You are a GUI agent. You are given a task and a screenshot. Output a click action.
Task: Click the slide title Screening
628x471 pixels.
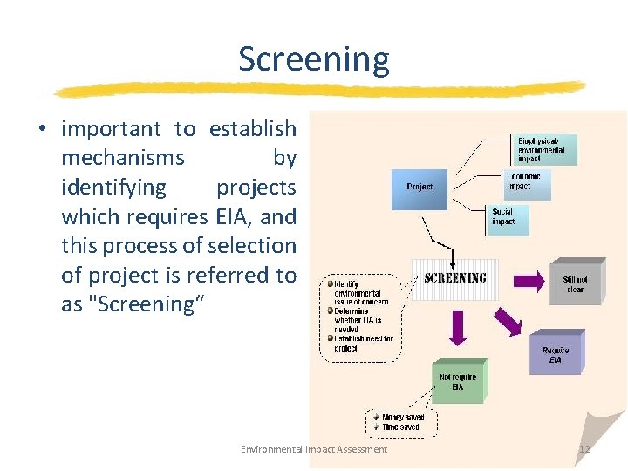tap(314, 59)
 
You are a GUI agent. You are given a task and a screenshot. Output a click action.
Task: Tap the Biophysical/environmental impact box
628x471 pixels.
tap(543, 150)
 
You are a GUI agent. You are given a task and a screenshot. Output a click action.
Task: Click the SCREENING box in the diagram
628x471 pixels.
tap(455, 278)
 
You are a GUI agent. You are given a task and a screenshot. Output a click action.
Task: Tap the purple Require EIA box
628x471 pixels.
tap(556, 354)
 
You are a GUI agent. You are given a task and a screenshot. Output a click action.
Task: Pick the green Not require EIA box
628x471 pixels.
tap(458, 382)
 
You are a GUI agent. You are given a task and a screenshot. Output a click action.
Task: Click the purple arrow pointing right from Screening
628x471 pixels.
tap(527, 280)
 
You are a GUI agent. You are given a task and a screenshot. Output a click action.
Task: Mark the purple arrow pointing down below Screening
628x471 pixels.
tap(458, 327)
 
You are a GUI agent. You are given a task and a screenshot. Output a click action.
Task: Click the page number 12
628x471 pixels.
tap(584, 449)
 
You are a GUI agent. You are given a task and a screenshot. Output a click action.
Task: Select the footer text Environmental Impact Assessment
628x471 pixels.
tap(314, 449)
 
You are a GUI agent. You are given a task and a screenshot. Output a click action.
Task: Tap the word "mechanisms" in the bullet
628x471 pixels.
tap(123, 158)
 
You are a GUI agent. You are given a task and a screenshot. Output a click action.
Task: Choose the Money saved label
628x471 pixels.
tap(402, 418)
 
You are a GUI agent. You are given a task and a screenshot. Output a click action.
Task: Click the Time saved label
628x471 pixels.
tap(400, 427)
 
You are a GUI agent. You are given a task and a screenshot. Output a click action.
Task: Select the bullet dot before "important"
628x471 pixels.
tap(41, 130)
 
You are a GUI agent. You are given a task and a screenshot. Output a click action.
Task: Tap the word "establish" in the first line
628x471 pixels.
tap(253, 129)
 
